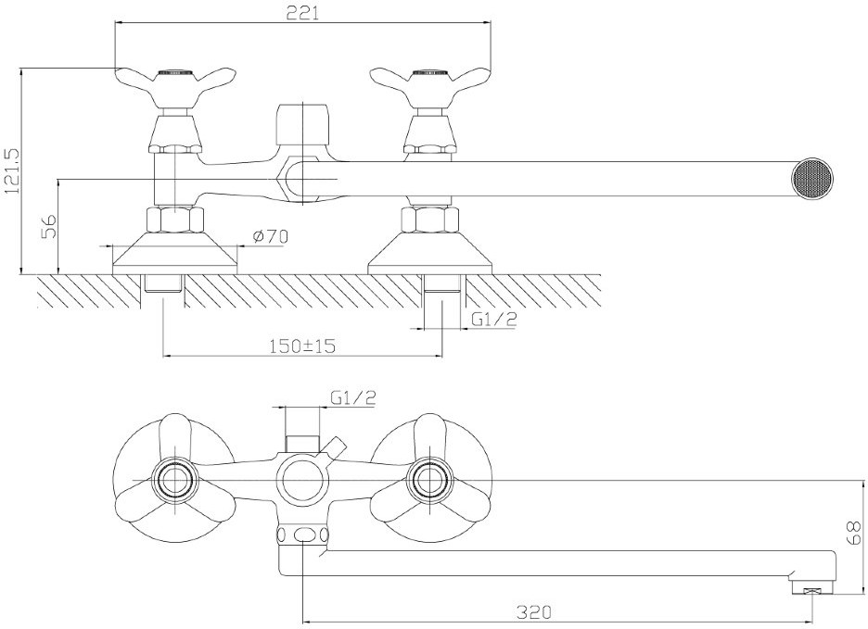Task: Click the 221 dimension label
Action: tap(302, 13)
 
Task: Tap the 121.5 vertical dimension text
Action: tap(12, 170)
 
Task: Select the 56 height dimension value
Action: tap(49, 226)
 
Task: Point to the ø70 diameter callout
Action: tap(270, 237)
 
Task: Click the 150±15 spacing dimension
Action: tap(302, 346)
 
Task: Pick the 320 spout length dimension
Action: tap(534, 611)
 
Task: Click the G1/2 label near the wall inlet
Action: tap(493, 319)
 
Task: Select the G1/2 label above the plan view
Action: tap(352, 397)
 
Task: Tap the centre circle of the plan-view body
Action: tap(302, 480)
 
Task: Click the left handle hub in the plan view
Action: tap(175, 480)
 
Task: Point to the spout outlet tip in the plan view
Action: tap(812, 586)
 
